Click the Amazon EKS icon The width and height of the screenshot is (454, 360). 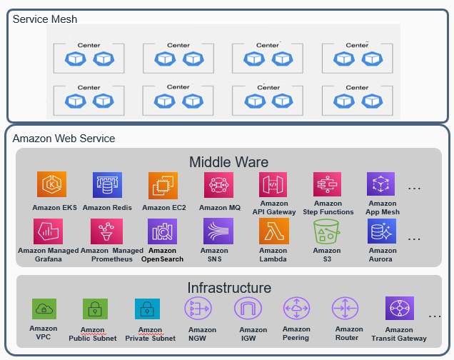(x=51, y=185)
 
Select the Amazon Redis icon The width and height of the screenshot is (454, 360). (x=107, y=185)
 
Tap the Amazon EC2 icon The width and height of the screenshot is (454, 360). (x=163, y=185)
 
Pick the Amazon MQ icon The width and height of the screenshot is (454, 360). (x=218, y=185)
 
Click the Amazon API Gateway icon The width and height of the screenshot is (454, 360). (x=273, y=184)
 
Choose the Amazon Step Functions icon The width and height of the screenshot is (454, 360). (x=328, y=184)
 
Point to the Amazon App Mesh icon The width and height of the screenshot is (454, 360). (x=381, y=184)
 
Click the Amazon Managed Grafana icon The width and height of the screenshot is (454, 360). (x=49, y=231)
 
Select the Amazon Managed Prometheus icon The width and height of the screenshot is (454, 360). (x=106, y=231)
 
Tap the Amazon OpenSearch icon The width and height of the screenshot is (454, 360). (x=162, y=231)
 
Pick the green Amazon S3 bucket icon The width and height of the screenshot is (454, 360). (x=327, y=231)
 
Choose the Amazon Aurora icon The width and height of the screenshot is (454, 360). (x=382, y=231)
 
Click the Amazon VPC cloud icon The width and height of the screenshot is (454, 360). (x=44, y=309)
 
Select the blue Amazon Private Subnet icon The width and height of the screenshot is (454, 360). (x=147, y=309)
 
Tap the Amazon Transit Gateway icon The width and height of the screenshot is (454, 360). (x=399, y=309)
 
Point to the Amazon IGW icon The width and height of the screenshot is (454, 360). (x=248, y=309)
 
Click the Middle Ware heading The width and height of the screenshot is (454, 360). (x=228, y=161)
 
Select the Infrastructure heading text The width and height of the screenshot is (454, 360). (x=229, y=288)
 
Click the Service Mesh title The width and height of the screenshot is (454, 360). (x=45, y=19)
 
